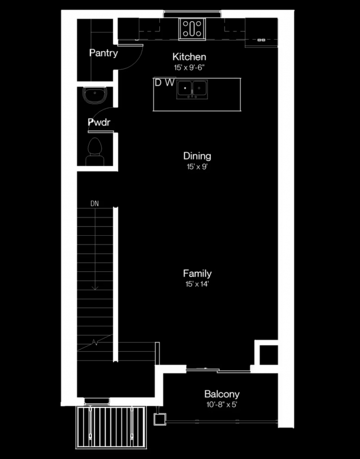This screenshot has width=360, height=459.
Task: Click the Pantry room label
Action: [x=104, y=53]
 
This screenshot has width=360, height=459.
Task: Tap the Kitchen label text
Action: [x=189, y=56]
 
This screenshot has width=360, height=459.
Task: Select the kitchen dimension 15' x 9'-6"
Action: [x=189, y=68]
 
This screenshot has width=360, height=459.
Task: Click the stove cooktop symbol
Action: [x=192, y=29]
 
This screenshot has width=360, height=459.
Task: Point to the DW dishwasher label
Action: [x=165, y=83]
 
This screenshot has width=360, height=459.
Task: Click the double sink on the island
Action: [x=192, y=89]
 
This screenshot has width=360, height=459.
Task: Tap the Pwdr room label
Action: [x=99, y=122]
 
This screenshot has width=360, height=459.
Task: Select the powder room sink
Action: [x=95, y=95]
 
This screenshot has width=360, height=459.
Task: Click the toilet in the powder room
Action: [x=95, y=151]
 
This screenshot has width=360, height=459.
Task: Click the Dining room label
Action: [x=197, y=155]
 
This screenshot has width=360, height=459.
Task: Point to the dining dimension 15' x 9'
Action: [x=197, y=167]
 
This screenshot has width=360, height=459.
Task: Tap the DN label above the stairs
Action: [x=95, y=204]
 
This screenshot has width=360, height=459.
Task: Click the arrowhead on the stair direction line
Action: [x=95, y=288]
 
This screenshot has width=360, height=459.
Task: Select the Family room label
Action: [x=197, y=274]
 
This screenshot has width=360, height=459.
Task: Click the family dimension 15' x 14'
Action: [x=197, y=284]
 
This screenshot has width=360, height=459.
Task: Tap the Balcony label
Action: [x=222, y=394]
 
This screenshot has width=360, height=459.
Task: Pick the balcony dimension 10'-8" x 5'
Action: [x=222, y=405]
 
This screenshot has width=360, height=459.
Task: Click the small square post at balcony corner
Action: [x=160, y=419]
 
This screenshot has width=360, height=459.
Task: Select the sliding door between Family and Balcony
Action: [x=218, y=370]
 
